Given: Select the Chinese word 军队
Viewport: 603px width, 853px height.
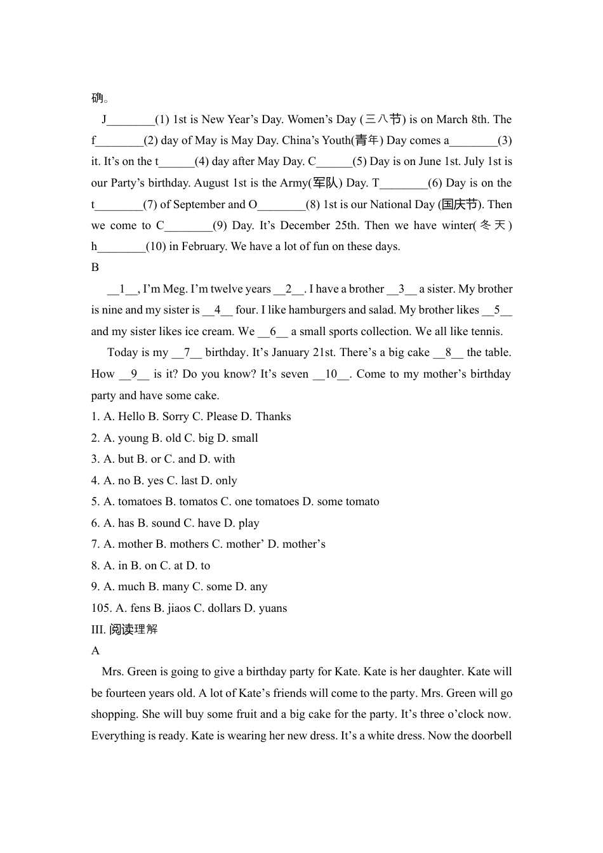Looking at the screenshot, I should [326, 183].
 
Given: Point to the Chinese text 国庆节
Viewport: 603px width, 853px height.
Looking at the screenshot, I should [460, 204].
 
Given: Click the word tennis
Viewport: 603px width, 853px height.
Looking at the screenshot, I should [487, 331].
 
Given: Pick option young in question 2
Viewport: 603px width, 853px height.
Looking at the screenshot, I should [133, 438].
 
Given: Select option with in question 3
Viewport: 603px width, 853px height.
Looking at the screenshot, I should [224, 459].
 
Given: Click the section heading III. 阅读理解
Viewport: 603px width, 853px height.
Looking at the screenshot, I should [124, 629].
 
